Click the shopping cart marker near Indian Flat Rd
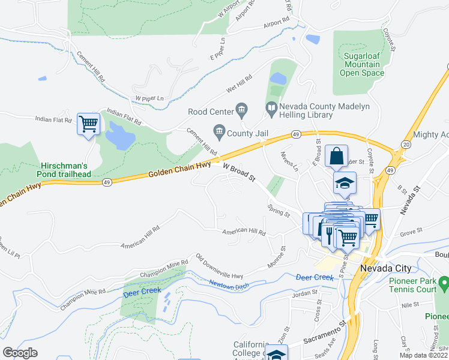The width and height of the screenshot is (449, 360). [x=88, y=124]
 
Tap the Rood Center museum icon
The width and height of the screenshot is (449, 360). [x=242, y=109]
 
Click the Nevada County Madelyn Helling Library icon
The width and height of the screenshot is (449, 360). [x=271, y=108]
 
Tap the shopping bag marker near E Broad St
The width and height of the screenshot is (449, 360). [x=337, y=157]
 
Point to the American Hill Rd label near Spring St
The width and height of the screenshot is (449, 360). [x=244, y=232]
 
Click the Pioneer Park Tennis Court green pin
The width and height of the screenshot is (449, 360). [x=443, y=281]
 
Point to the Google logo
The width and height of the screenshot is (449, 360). [x=20, y=353]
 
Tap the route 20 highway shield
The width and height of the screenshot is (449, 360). [x=406, y=145]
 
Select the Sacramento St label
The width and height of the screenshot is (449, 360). [x=325, y=332]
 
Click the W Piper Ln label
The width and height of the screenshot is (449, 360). [x=148, y=98]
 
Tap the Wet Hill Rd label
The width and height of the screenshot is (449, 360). [x=239, y=84]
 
